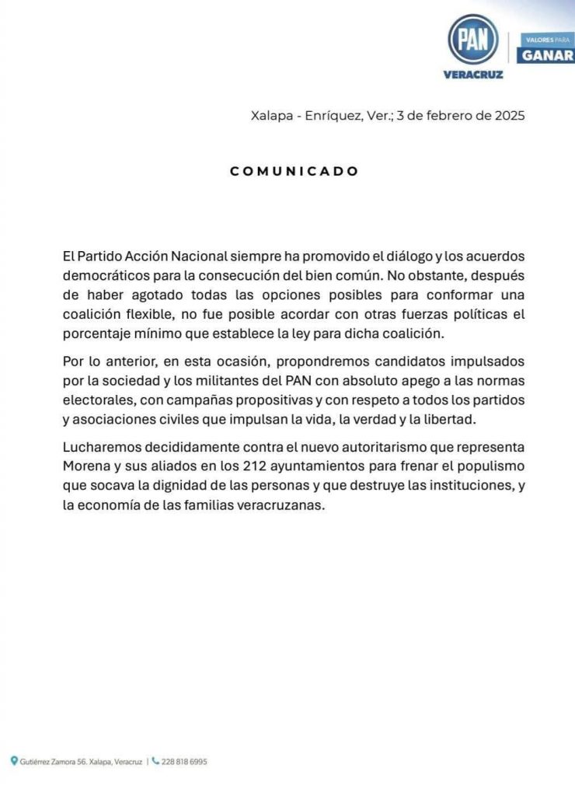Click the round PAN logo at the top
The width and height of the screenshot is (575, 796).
473,40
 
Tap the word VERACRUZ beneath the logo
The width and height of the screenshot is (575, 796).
473,75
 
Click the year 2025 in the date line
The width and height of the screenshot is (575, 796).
508,116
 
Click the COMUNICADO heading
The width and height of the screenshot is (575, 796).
294,171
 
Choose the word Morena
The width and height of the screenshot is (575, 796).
85,469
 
